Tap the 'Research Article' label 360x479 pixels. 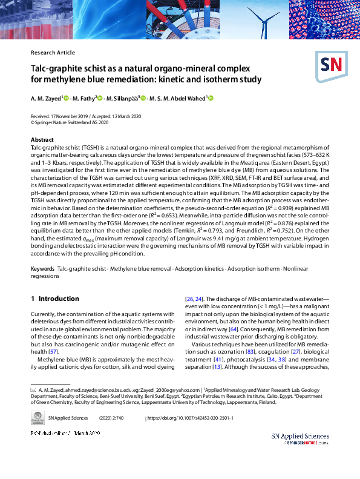click(53, 53)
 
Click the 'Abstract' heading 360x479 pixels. click(42, 140)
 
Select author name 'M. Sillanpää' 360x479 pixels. click(122, 99)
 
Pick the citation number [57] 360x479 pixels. click(53, 351)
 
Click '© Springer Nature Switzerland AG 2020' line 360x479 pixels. click(70, 121)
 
